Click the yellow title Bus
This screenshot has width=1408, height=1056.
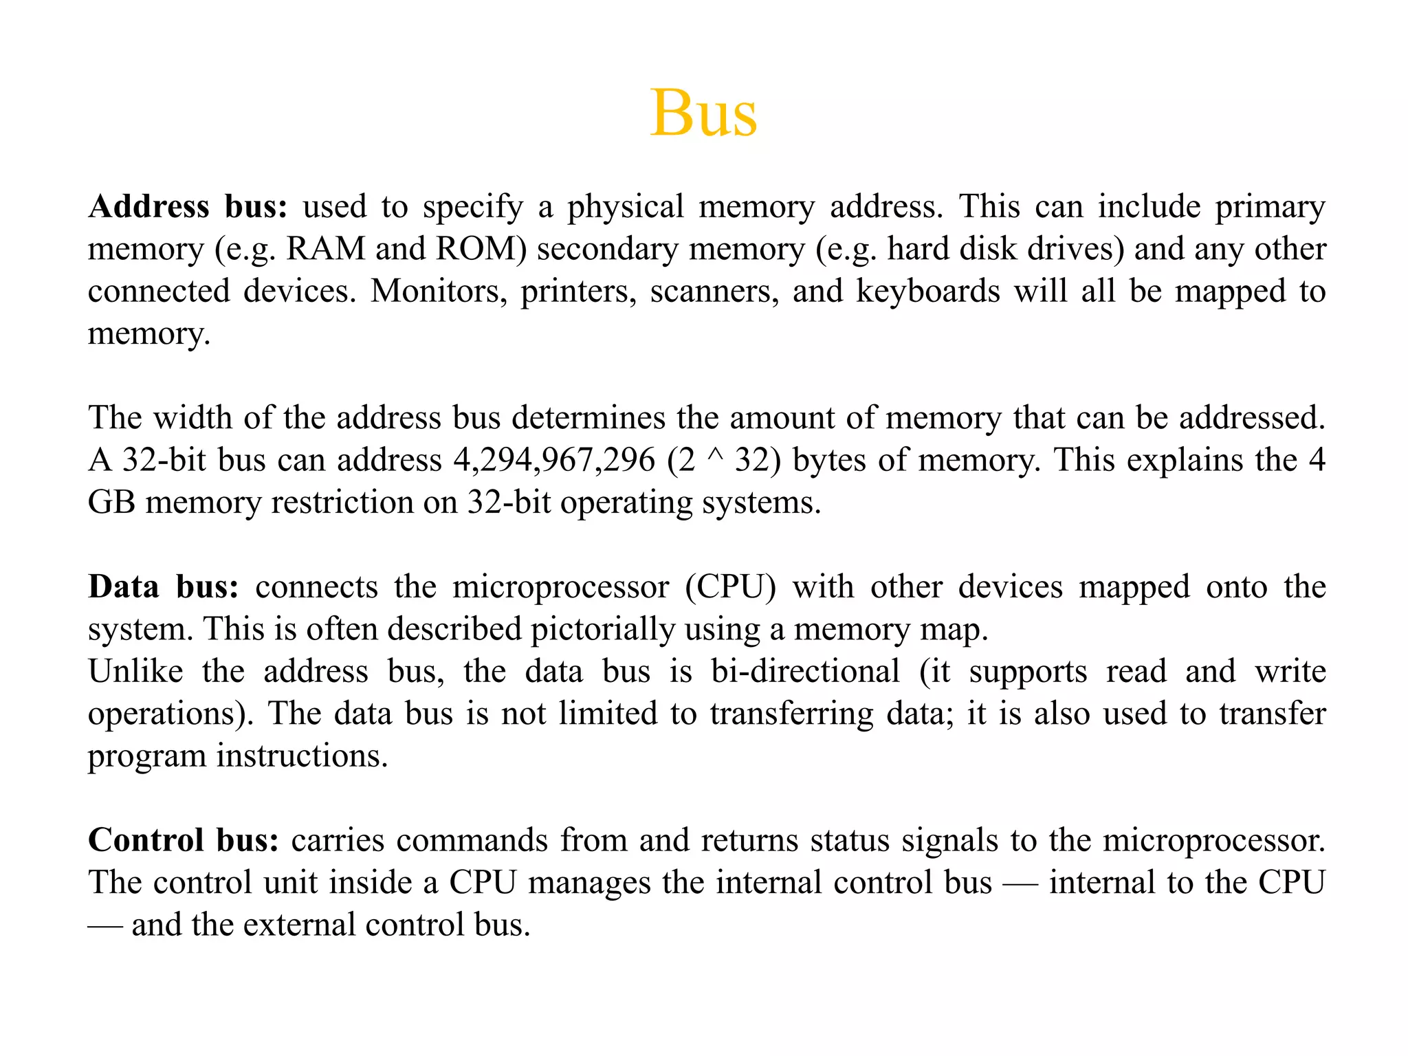(x=703, y=113)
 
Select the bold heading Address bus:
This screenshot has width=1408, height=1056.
(x=188, y=207)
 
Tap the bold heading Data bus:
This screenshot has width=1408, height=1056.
(x=164, y=587)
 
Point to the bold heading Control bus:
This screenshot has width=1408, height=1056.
(x=184, y=840)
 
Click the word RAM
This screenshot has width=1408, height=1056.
(x=326, y=249)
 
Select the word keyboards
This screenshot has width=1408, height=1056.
(x=927, y=291)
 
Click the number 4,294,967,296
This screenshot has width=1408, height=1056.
(x=554, y=460)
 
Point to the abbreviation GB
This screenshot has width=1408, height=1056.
(x=111, y=503)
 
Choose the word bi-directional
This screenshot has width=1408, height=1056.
(x=805, y=672)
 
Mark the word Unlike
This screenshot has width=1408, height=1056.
(x=136, y=672)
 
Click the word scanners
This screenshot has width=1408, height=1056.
(x=714, y=291)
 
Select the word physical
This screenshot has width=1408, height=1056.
(x=626, y=207)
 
